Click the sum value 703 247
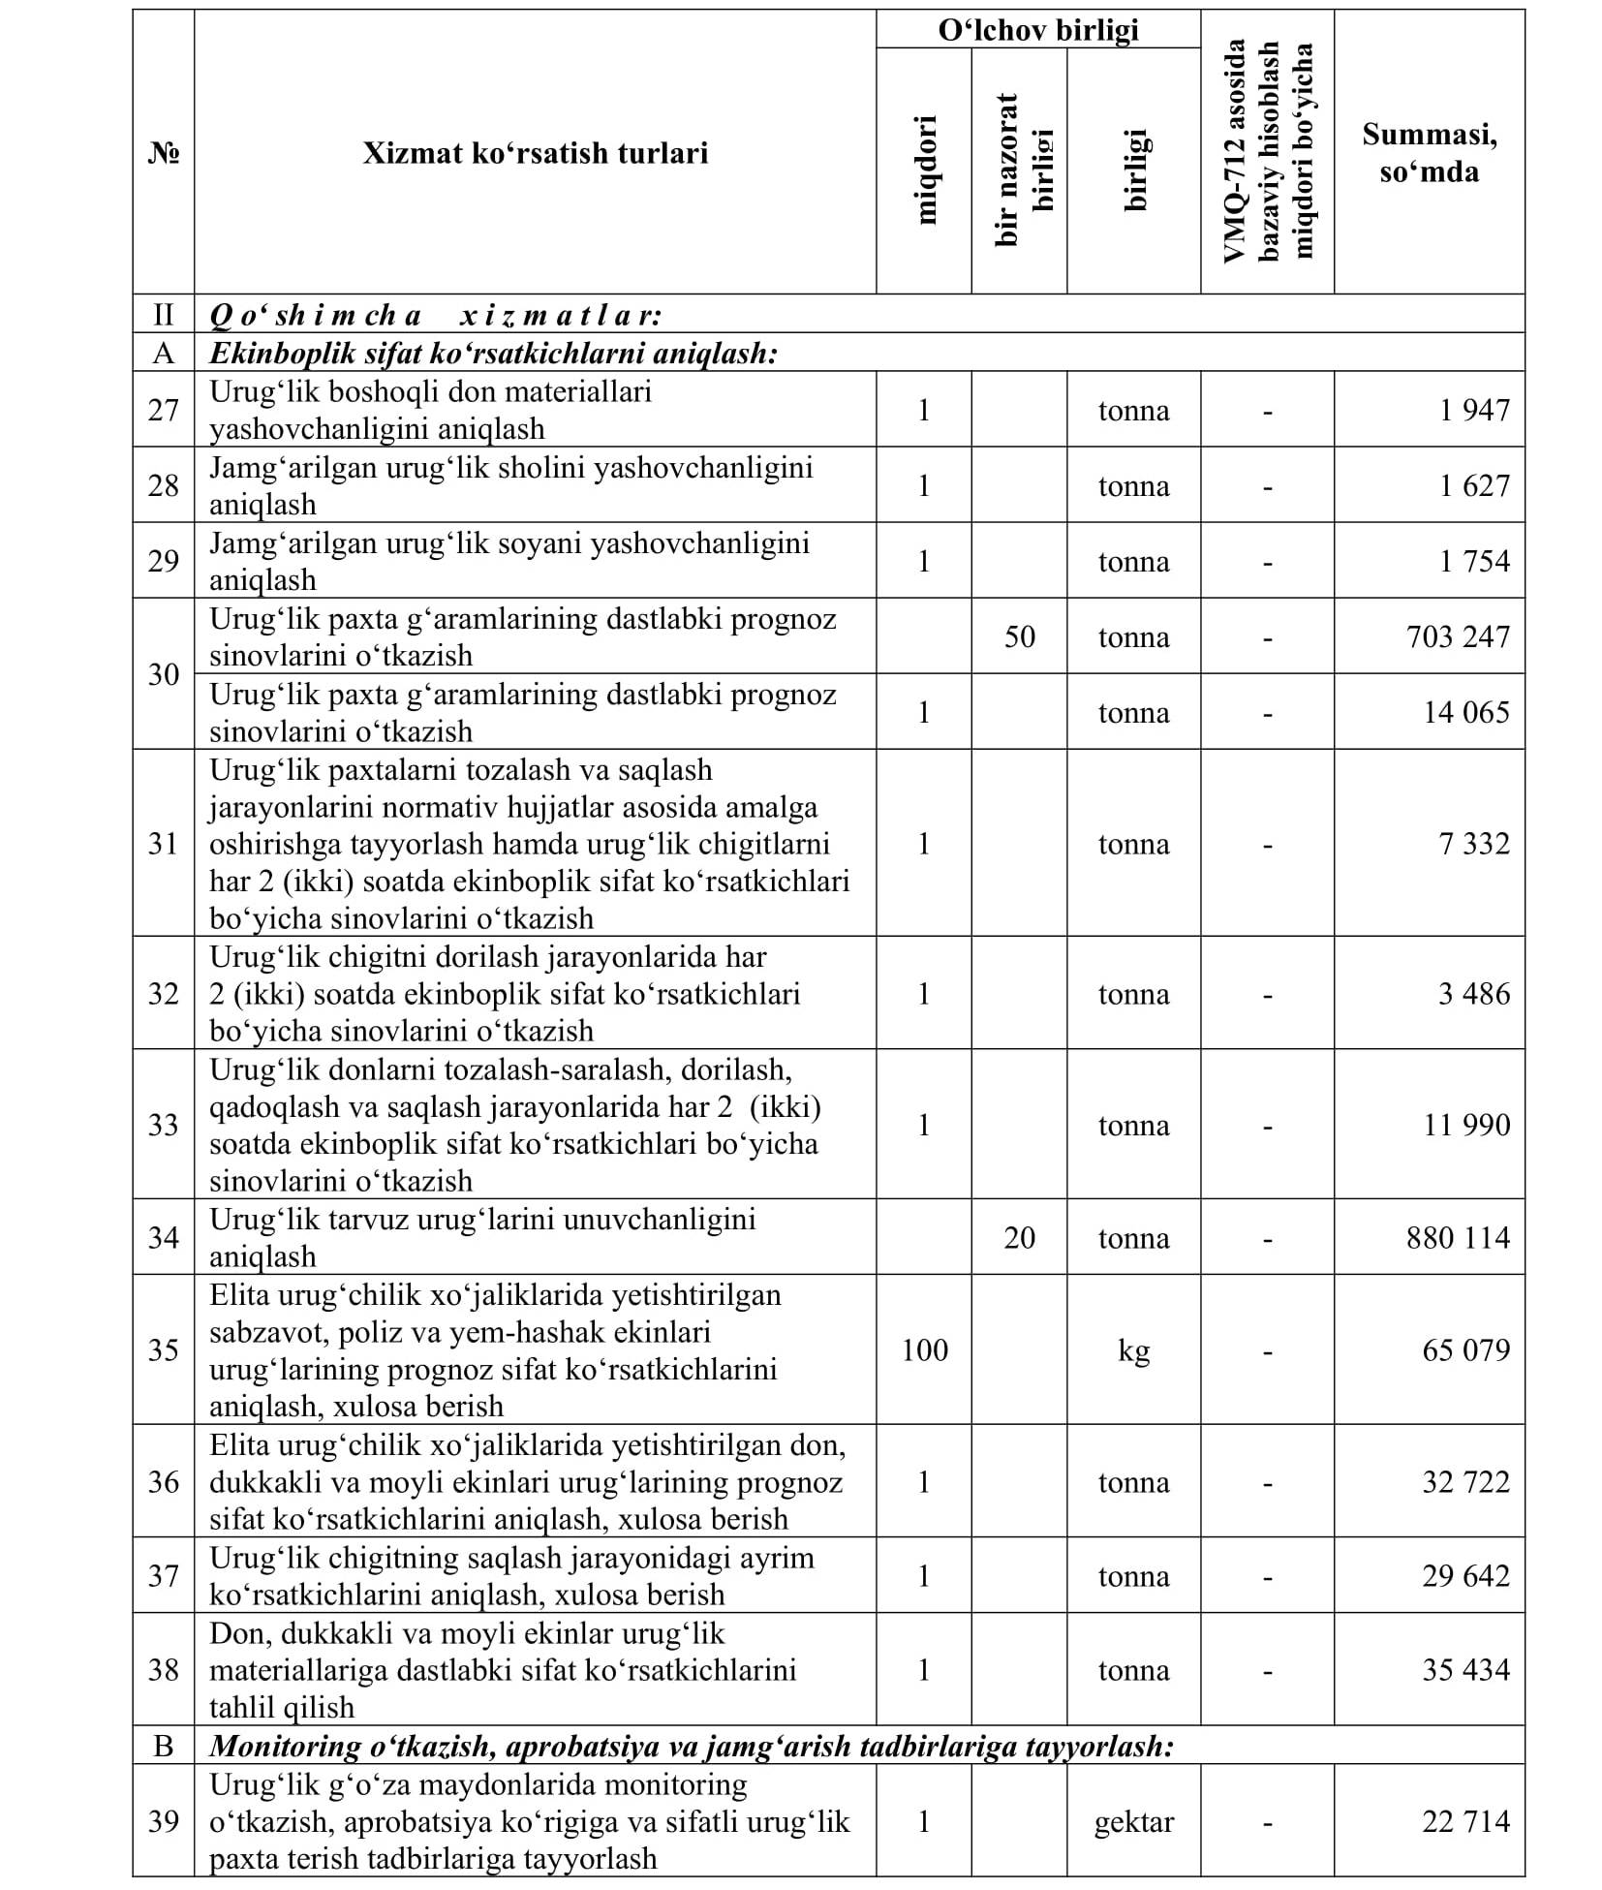click(1458, 636)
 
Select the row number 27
click(163, 410)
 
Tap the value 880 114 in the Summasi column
click(1458, 1237)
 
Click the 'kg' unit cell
click(1133, 1349)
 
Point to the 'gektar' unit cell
click(1133, 1821)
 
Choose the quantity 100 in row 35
click(924, 1349)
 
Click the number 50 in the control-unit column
click(1019, 636)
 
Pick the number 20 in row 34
click(1019, 1237)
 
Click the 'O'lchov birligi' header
click(1038, 30)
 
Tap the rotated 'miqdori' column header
click(926, 170)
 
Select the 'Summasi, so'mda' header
click(1430, 153)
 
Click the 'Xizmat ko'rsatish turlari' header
click(535, 153)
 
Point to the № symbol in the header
click(163, 153)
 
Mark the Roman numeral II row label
click(163, 315)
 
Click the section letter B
click(163, 1746)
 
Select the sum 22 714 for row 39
click(1465, 1821)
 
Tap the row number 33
click(163, 1125)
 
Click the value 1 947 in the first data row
click(1474, 410)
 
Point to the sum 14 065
click(1465, 712)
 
